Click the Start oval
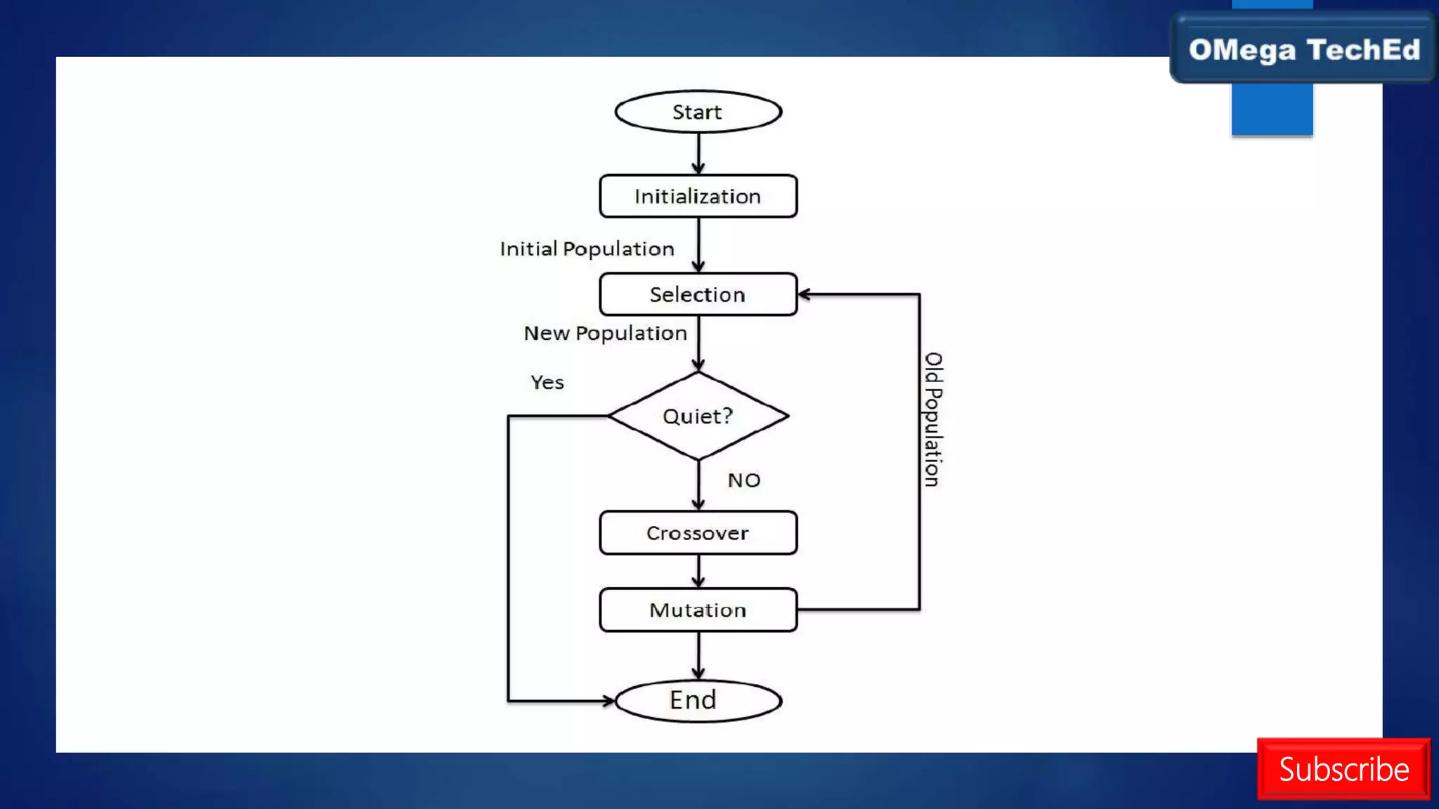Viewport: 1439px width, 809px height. (698, 112)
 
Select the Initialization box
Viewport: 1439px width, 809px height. (698, 196)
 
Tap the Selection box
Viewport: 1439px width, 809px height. (698, 294)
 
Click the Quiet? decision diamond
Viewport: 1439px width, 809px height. (698, 416)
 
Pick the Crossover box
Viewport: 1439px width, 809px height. (698, 533)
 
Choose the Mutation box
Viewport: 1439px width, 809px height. (698, 610)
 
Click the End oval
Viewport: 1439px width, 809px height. (698, 700)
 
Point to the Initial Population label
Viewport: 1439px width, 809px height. (587, 249)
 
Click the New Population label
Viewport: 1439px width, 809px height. (605, 333)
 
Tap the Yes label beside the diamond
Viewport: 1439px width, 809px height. (547, 383)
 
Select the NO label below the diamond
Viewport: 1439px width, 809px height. (743, 480)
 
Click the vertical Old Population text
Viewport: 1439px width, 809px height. (932, 419)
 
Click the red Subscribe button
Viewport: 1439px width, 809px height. (1343, 769)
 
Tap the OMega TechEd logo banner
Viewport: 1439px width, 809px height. (1303, 50)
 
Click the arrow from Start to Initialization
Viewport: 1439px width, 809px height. (698, 153)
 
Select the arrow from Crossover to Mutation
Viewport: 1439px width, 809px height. (698, 571)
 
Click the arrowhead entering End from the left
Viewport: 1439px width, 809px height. (608, 700)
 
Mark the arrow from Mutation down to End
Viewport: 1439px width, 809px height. (698, 655)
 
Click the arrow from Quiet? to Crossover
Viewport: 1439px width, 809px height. (698, 485)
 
